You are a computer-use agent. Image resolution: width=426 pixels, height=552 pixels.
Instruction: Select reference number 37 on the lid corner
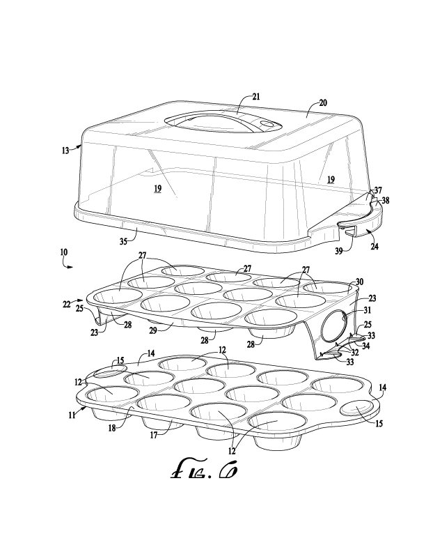(x=378, y=190)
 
